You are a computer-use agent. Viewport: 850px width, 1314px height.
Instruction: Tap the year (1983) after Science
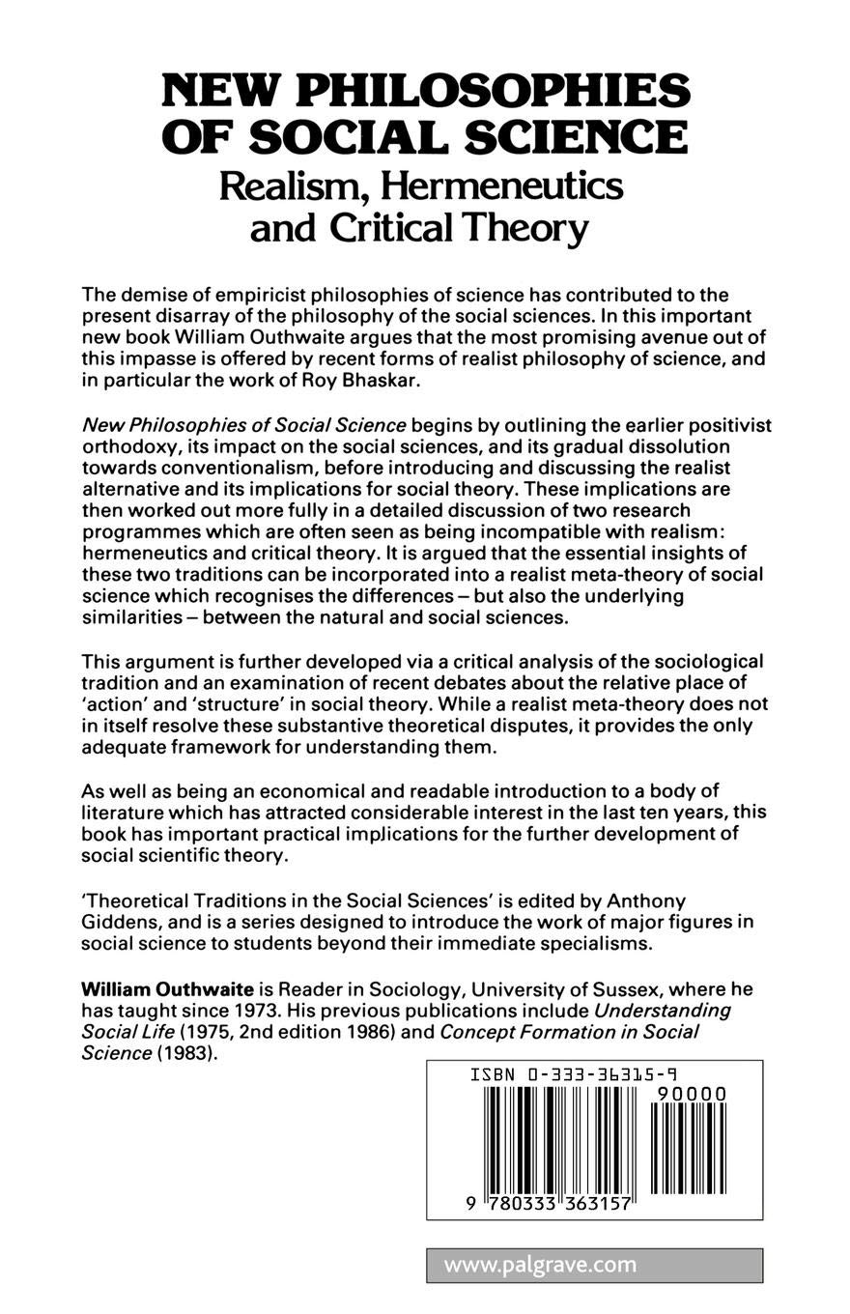[x=184, y=1053]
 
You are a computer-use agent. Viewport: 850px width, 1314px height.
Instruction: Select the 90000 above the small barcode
[x=690, y=1094]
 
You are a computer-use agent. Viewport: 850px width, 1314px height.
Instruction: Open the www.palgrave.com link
[x=540, y=1265]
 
